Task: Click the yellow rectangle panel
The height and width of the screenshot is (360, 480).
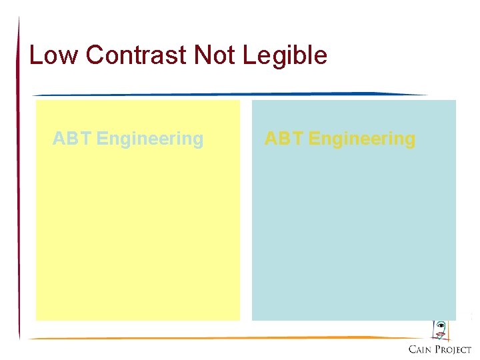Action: pyautogui.click(x=137, y=233)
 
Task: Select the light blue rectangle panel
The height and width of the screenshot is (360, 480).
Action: pyautogui.click(x=353, y=233)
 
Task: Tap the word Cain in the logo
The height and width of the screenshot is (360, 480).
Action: pyautogui.click(x=419, y=350)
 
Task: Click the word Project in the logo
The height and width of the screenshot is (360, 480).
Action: pyautogui.click(x=453, y=350)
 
